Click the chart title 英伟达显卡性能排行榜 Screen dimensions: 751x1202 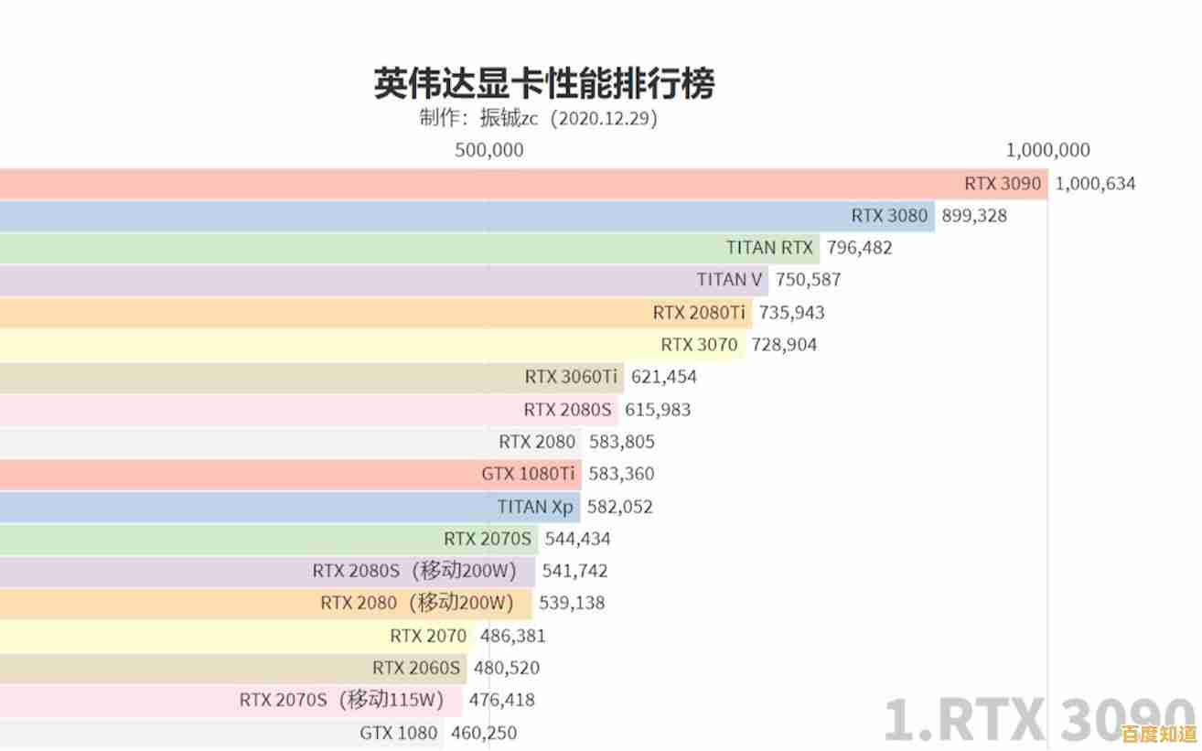[543, 83]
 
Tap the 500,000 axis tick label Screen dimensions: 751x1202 [489, 150]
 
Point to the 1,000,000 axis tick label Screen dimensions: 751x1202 [1047, 150]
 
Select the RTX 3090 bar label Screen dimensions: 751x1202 [1003, 183]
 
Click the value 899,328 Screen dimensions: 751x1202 [974, 216]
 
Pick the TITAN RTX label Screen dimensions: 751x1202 [769, 247]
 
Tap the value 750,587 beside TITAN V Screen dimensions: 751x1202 [808, 279]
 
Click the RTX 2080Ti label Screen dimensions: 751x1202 [699, 312]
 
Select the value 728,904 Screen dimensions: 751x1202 [784, 345]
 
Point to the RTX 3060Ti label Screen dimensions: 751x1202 [571, 376]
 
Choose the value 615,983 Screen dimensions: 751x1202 [658, 410]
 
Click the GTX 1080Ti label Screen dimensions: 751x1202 [529, 474]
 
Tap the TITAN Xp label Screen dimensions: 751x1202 [535, 507]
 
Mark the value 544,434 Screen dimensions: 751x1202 [577, 539]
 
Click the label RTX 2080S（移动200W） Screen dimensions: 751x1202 [414, 571]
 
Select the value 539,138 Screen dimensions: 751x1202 [572, 603]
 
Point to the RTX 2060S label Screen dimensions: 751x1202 [416, 668]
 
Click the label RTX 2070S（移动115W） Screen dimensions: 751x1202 [341, 700]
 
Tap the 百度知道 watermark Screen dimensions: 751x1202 [1160, 735]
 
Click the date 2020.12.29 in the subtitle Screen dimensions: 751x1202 [606, 118]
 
